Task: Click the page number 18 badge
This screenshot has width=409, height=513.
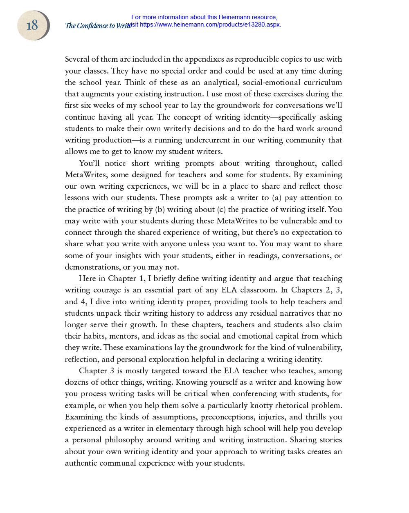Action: pyautogui.click(x=33, y=25)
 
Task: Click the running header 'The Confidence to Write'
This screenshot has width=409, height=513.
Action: pyautogui.click(x=98, y=26)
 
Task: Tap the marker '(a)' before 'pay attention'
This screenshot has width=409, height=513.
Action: pyautogui.click(x=277, y=198)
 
